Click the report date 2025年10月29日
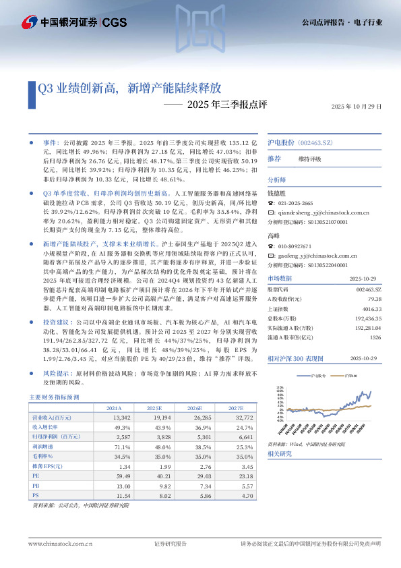click(x=357, y=107)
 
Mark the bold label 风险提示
click(x=57, y=372)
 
